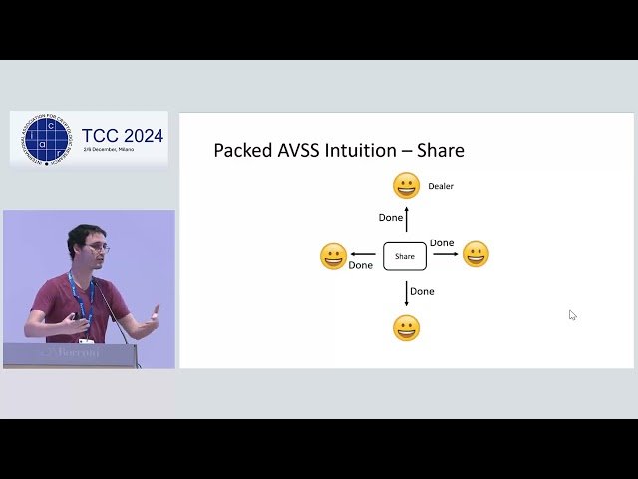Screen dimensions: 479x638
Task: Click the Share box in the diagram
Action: [x=405, y=256]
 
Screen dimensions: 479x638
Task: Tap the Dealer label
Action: [x=441, y=186]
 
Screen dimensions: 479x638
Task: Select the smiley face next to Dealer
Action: [x=406, y=186]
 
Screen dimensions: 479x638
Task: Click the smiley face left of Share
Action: [x=333, y=256]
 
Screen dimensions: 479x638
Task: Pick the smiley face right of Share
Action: [x=476, y=254]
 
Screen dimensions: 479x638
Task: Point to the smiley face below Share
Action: [x=406, y=328]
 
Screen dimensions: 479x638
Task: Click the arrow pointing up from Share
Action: [x=407, y=218]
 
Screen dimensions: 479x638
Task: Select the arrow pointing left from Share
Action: [x=363, y=254]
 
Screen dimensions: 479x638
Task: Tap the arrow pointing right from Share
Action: [x=445, y=254]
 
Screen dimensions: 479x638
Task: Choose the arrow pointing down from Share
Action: [x=406, y=292]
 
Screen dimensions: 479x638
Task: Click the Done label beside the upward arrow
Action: [x=391, y=218]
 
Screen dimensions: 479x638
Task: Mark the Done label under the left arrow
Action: [x=361, y=266]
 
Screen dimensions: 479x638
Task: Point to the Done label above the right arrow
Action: [x=442, y=243]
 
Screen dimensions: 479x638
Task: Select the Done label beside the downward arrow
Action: [x=423, y=291]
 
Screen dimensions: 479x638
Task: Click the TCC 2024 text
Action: [x=123, y=136]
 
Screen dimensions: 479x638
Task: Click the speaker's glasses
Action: [x=97, y=247]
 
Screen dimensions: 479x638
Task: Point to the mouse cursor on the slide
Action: [x=572, y=314]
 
